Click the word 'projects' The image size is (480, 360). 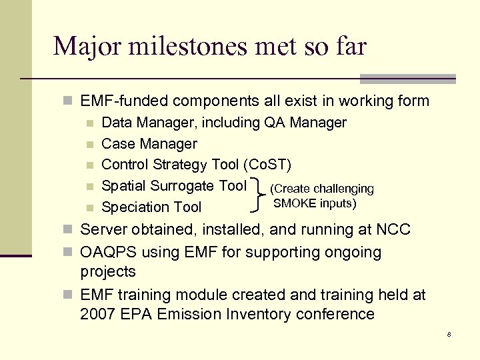[x=108, y=271]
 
